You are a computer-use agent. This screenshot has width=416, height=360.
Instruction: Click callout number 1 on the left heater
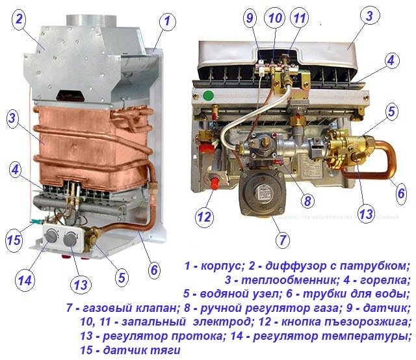pyautogui.click(x=168, y=21)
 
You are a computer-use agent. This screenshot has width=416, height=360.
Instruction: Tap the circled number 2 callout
pyautogui.click(x=20, y=19)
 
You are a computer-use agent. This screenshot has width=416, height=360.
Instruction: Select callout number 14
pyautogui.click(x=25, y=281)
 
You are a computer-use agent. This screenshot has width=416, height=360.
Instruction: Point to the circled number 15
pyautogui.click(x=14, y=240)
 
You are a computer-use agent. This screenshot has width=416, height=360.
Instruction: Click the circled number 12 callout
pyautogui.click(x=203, y=215)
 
